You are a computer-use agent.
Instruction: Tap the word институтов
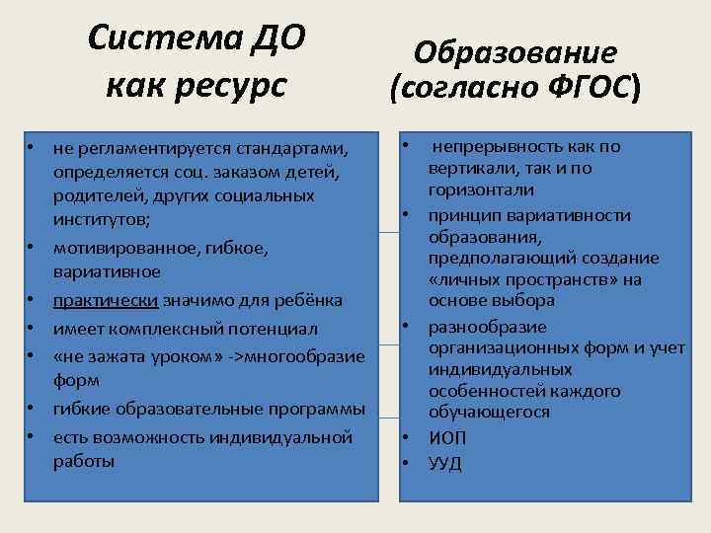click(x=102, y=219)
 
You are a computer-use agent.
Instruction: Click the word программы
click(x=320, y=409)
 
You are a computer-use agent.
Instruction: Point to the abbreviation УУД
click(x=444, y=463)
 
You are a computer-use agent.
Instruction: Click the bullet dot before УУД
click(x=406, y=461)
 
